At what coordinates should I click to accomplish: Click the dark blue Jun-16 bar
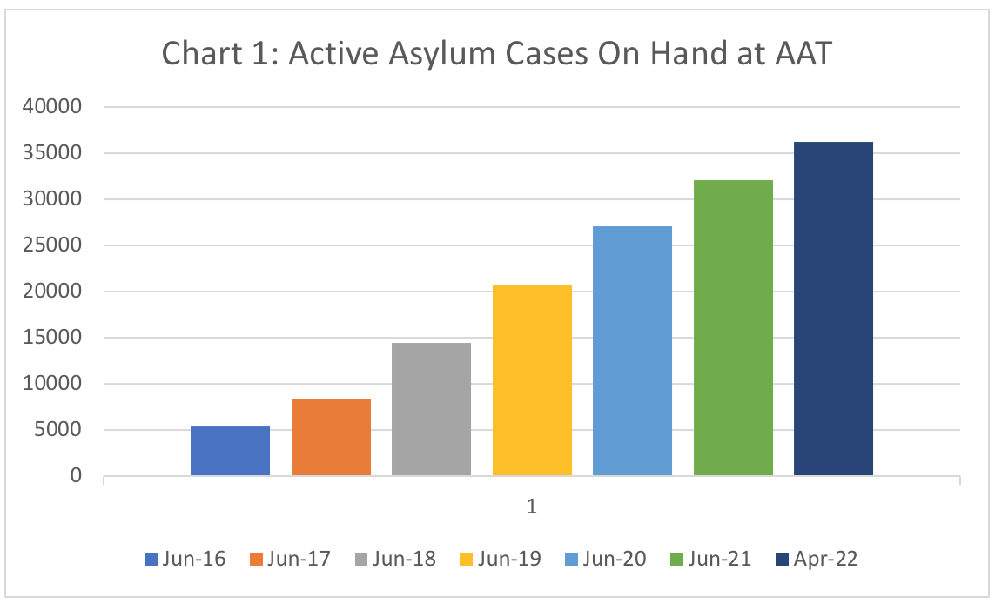[230, 451]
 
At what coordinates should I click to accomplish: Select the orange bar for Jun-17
[331, 437]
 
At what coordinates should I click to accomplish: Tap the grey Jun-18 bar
[431, 409]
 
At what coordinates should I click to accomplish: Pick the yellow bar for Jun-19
[532, 380]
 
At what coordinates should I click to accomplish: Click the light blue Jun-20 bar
[632, 351]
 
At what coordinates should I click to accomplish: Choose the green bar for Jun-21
[733, 328]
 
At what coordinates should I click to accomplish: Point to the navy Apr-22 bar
[833, 309]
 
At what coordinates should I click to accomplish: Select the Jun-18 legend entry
[395, 559]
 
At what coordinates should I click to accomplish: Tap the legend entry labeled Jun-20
[606, 559]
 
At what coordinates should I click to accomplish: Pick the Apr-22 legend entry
[816, 559]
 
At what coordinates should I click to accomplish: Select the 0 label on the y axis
[76, 476]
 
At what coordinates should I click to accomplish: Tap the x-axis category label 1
[531, 506]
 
